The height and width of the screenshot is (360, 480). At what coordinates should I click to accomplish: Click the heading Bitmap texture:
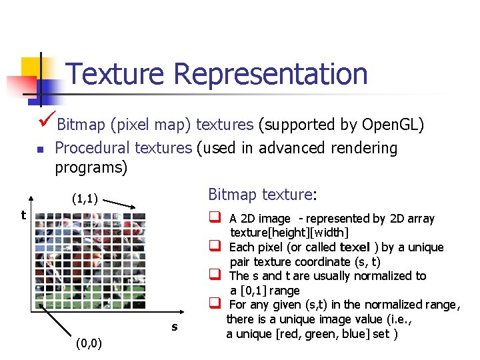262,195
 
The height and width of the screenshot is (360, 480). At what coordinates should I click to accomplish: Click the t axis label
23,215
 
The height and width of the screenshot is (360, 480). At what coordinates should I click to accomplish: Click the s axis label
174,326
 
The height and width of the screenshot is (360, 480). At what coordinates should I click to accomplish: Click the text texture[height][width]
289,233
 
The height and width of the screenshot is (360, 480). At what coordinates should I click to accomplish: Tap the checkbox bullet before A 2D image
215,218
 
